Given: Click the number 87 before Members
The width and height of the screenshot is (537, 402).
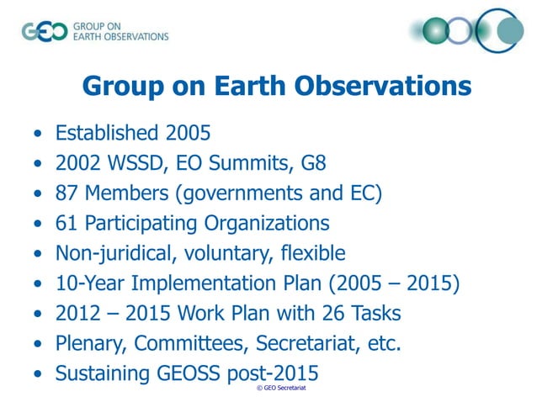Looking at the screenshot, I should [x=67, y=194].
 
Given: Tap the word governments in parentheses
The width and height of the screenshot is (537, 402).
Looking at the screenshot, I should [x=243, y=194].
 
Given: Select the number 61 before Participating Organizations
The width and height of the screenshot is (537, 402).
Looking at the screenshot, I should [x=67, y=224].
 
